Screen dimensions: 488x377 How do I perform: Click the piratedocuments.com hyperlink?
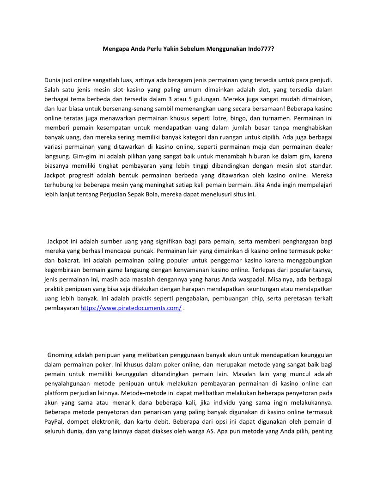click(x=131, y=308)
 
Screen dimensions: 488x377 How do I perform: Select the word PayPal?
click(x=54, y=421)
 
